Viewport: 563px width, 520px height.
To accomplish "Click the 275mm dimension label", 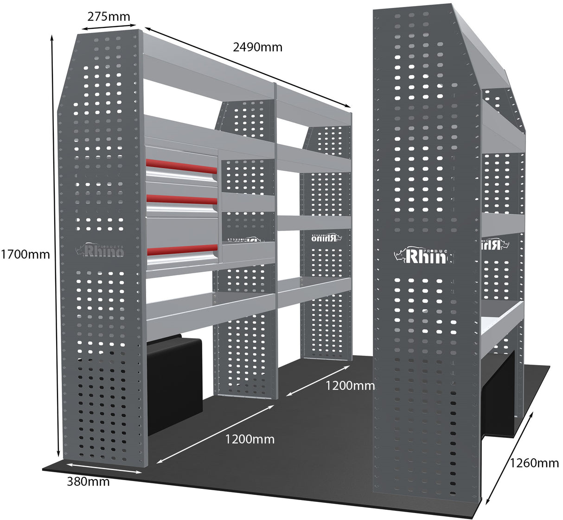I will [109, 17].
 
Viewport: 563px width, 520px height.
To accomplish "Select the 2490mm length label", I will [257, 46].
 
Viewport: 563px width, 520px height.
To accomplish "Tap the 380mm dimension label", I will [88, 481].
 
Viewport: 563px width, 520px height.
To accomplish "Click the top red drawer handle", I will [181, 165].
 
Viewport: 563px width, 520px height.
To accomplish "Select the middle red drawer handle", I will [181, 199].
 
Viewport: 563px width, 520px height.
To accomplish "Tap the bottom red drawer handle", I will [181, 250].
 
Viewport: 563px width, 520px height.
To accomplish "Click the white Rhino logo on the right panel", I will [423, 255].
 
